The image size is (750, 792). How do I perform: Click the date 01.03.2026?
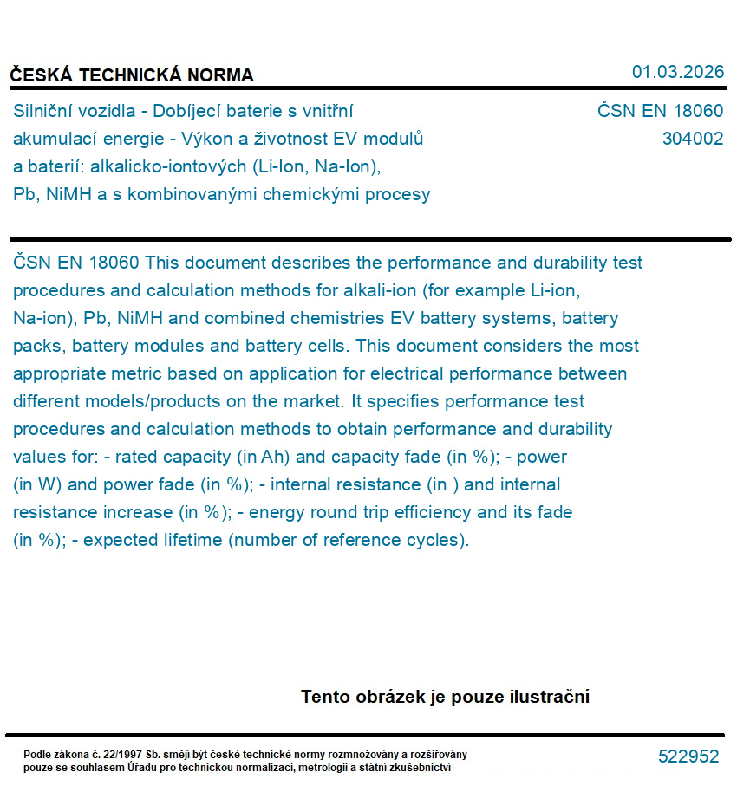(x=677, y=72)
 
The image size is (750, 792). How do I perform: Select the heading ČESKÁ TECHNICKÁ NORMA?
(x=132, y=75)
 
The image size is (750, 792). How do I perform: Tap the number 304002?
(x=692, y=139)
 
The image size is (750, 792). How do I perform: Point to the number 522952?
(x=688, y=756)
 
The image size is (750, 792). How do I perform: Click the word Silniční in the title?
(x=43, y=111)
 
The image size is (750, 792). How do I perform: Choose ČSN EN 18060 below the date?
(x=660, y=111)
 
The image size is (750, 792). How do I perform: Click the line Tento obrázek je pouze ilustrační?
(x=445, y=697)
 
